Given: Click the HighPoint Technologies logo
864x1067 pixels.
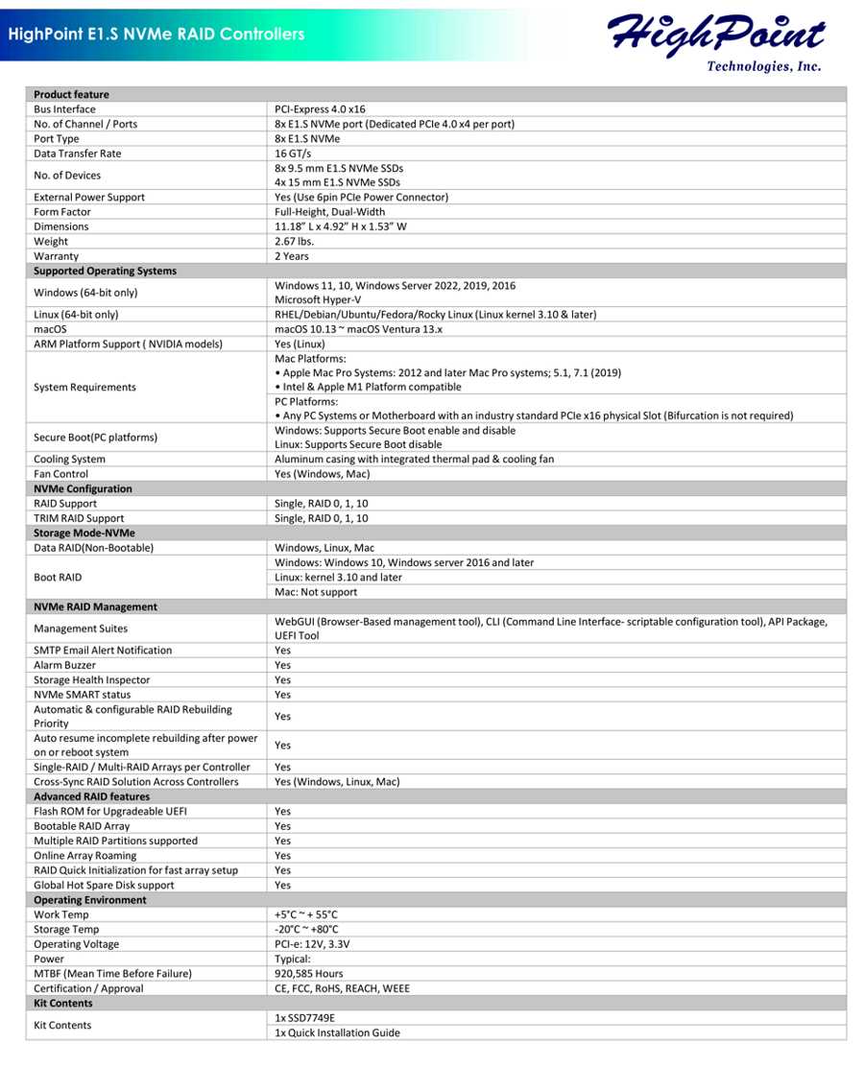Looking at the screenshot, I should pos(715,40).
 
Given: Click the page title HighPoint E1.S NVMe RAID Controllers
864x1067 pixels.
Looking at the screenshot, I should pos(156,35).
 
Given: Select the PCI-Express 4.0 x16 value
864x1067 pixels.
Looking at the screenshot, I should pos(320,109).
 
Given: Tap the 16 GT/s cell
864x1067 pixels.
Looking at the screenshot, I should pos(294,154).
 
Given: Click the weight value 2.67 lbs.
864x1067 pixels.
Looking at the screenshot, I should pos(294,242).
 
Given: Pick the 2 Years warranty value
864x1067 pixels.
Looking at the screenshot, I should pos(294,256).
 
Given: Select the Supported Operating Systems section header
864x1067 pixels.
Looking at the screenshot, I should pos(105,271).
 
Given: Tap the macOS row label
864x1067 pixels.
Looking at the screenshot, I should pos(49,329).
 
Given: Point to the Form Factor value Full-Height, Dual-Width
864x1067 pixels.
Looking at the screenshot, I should pos(329,212).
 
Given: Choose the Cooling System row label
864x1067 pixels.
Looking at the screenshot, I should pos(69,459).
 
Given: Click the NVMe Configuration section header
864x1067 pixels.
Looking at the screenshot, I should pos(83,488).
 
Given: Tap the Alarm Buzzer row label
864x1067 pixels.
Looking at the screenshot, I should pos(65,665).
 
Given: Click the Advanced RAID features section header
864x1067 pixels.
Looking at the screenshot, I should pos(91,796).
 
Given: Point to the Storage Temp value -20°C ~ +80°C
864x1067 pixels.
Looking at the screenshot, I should pos(306,929).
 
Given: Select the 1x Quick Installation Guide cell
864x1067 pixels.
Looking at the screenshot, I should pos(337,1032).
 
